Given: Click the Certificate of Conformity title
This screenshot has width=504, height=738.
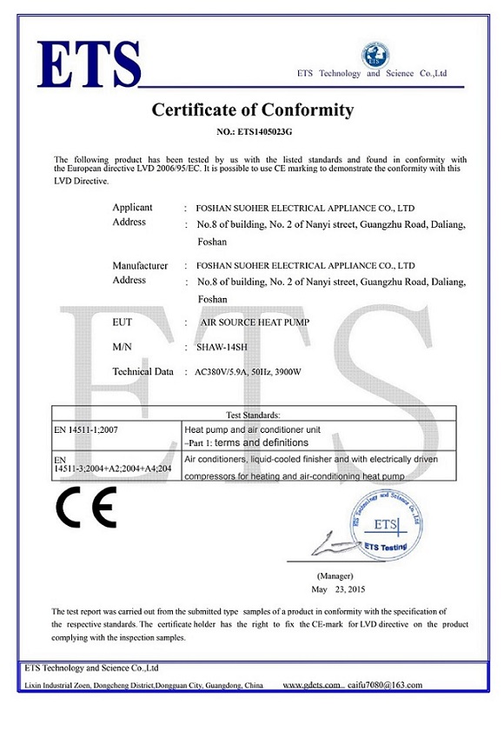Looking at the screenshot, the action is point(253,110).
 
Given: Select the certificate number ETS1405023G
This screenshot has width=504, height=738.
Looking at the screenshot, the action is point(253,132).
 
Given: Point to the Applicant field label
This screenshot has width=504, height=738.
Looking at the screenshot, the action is point(132,208).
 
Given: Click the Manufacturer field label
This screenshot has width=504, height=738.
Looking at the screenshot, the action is point(140,265).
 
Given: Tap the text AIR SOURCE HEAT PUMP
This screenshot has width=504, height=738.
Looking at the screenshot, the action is point(255,322).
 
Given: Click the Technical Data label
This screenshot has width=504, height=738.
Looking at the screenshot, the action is point(143,371).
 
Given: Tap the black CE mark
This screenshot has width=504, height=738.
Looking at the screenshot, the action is point(86,509).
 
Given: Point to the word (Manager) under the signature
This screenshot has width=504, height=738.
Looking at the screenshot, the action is point(335,575).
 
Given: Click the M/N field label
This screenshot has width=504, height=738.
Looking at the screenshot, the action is point(123,347).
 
